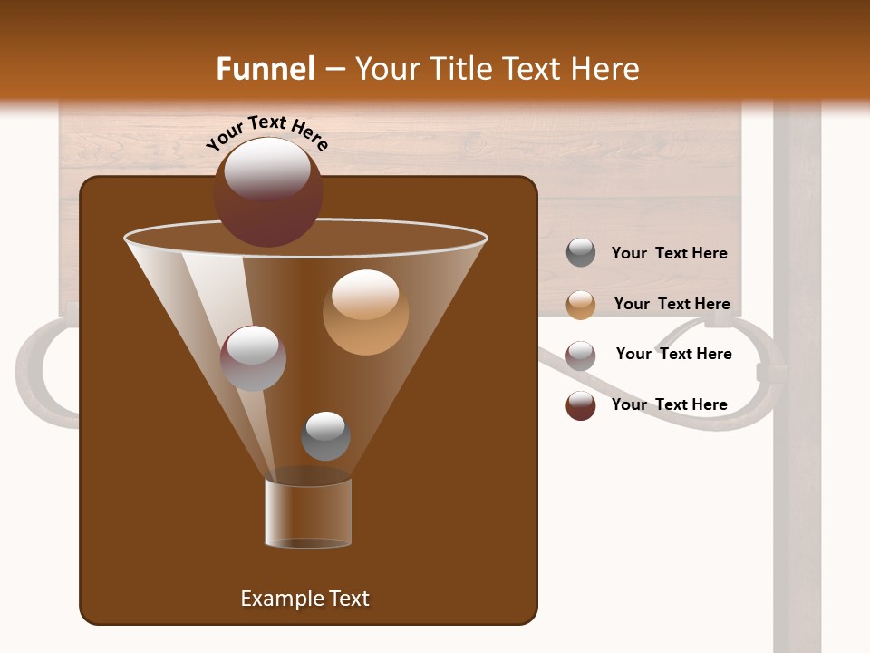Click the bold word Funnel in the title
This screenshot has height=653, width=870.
266,69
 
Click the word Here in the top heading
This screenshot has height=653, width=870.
603,69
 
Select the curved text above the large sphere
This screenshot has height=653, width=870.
267,131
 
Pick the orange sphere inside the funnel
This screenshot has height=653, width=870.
365,312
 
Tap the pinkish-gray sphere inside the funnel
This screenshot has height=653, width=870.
253,358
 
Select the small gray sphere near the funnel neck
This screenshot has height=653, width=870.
325,436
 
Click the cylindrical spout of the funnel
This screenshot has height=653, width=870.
308,512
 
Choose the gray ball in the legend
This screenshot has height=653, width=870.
581,253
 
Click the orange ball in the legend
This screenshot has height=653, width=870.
581,305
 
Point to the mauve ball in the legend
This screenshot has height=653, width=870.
581,356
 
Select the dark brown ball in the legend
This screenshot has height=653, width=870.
581,405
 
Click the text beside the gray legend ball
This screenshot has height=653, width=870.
669,254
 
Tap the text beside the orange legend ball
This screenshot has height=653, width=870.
672,305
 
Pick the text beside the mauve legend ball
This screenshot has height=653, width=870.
673,355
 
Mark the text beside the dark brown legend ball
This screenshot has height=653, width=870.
669,404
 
